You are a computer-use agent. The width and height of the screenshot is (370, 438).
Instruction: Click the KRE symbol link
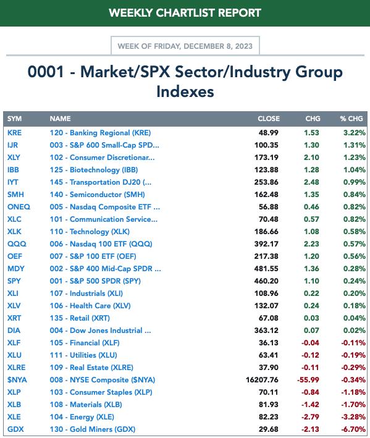(14, 133)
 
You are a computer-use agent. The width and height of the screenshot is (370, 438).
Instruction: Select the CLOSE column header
(269, 119)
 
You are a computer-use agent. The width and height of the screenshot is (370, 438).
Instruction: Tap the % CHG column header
(351, 119)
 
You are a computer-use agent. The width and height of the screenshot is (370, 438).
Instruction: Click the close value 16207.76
(262, 380)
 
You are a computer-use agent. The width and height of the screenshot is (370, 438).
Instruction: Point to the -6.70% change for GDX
(353, 429)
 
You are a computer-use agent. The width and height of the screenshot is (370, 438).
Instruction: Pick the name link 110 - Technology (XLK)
(90, 232)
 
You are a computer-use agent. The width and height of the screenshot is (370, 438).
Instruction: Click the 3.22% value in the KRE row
(355, 133)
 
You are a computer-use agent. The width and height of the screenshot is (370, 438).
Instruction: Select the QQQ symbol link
(17, 244)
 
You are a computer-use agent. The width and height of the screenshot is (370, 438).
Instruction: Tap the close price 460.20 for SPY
(266, 281)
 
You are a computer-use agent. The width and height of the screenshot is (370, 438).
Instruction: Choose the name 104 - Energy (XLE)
(82, 417)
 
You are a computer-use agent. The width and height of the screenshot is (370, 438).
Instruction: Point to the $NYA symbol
(17, 380)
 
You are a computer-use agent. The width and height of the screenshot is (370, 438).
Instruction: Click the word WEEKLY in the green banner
(131, 13)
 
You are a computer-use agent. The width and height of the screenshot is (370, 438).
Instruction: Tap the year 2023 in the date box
(244, 46)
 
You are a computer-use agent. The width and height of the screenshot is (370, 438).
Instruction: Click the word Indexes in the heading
(185, 91)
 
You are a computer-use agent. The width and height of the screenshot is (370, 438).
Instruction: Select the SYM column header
(15, 119)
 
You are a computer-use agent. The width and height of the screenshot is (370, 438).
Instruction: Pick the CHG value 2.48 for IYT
(311, 182)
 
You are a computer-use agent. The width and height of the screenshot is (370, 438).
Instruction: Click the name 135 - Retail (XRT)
(80, 318)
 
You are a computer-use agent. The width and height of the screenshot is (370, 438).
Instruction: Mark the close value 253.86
(266, 182)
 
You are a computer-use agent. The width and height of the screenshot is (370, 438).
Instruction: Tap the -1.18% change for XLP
(353, 392)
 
